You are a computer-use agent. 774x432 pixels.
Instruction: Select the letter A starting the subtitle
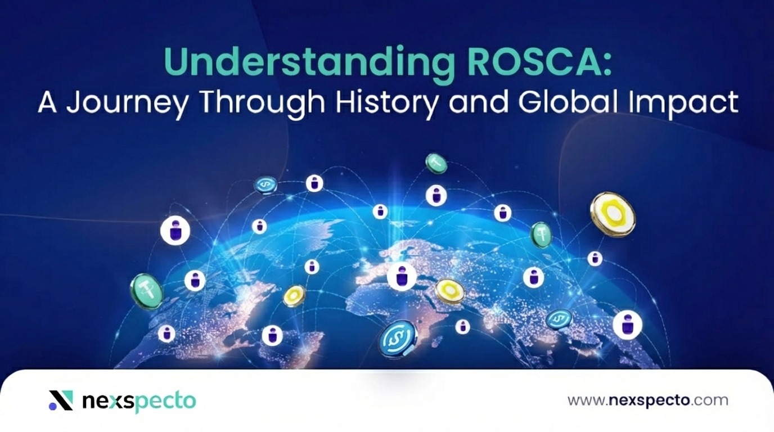[48, 103]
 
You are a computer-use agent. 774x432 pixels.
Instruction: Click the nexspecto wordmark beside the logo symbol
[139, 401]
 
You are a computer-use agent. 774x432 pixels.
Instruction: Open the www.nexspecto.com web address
[647, 400]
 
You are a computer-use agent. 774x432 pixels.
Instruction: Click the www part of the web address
[585, 400]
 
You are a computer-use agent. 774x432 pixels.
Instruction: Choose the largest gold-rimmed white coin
[613, 214]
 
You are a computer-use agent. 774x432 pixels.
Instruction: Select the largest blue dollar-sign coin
[398, 339]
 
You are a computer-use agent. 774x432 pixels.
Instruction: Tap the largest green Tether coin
[147, 291]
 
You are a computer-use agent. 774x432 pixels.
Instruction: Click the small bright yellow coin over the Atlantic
[294, 295]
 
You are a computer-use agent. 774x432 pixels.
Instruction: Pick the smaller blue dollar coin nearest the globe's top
[265, 184]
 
